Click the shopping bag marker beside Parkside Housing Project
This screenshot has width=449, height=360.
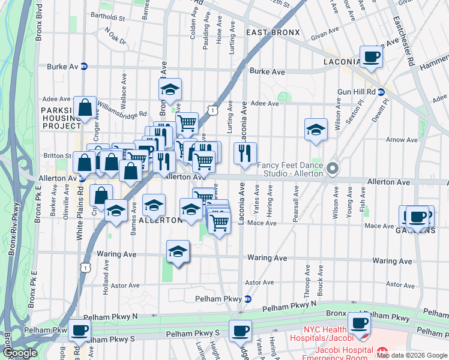click(85, 108)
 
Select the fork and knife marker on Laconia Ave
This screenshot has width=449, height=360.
click(245, 154)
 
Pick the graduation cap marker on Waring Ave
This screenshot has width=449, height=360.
click(178, 252)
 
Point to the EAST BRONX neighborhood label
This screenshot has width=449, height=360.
click(269, 31)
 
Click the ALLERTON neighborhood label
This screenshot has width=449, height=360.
click(160, 220)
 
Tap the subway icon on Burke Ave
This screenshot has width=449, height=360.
click(84, 66)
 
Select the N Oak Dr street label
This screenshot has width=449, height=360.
click(115, 37)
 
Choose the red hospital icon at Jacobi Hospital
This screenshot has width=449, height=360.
click(382, 350)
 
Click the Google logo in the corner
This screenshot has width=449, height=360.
click(20, 353)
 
